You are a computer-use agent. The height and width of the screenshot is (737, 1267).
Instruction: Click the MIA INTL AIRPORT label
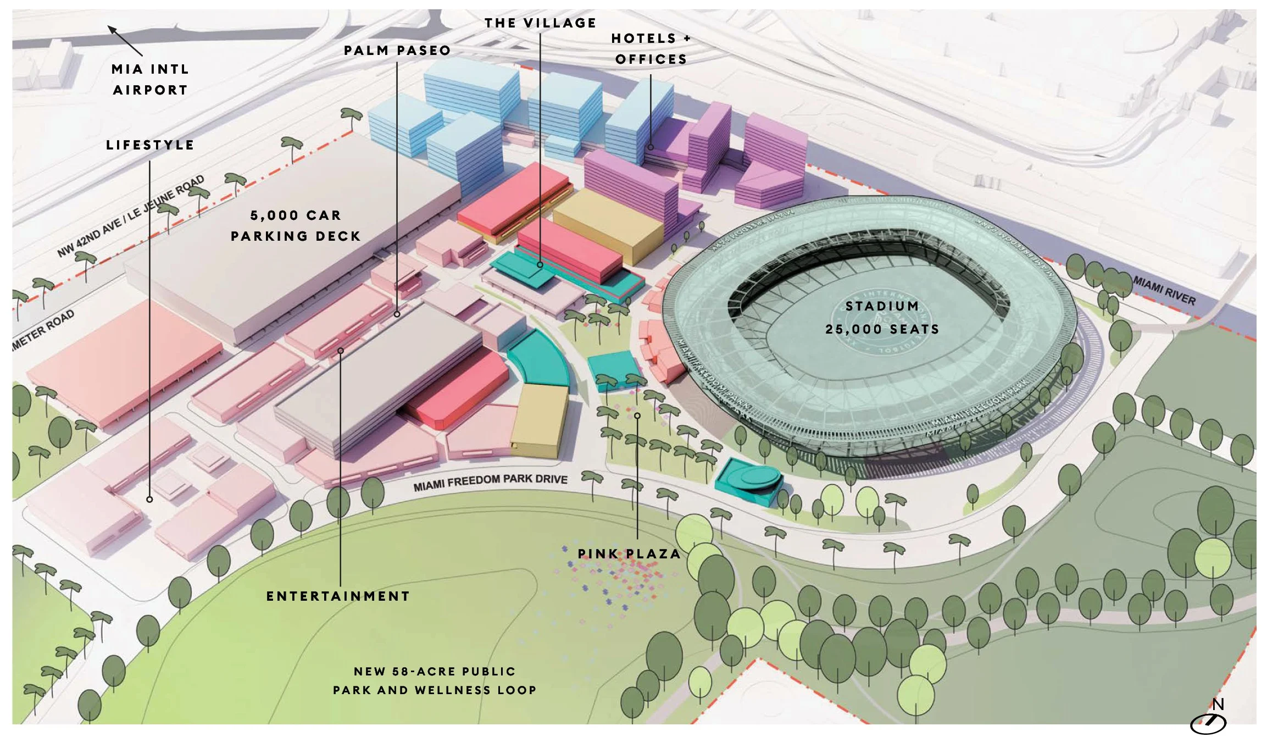pyautogui.click(x=150, y=80)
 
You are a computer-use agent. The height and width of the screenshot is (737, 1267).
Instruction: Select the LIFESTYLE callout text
pyautogui.click(x=150, y=145)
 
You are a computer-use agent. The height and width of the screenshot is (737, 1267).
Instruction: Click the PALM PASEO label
pyautogui.click(x=397, y=51)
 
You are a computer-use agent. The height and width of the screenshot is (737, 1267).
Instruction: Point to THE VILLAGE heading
pyautogui.click(x=540, y=23)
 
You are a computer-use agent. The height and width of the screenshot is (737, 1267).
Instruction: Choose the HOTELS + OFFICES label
pyautogui.click(x=651, y=49)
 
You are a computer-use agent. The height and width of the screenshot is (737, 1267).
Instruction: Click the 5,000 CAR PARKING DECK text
pyautogui.click(x=296, y=226)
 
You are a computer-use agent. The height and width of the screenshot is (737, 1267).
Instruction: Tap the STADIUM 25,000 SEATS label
pyautogui.click(x=882, y=318)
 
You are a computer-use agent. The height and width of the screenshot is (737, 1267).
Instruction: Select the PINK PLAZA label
pyautogui.click(x=629, y=554)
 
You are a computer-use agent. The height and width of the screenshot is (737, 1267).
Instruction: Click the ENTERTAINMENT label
pyautogui.click(x=338, y=596)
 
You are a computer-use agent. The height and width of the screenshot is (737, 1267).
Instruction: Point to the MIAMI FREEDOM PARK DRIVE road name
pyautogui.click(x=490, y=482)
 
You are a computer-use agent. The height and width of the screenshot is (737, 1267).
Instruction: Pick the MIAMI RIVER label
pyautogui.click(x=1164, y=291)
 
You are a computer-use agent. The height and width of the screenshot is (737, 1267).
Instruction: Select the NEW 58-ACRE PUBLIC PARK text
pyautogui.click(x=435, y=681)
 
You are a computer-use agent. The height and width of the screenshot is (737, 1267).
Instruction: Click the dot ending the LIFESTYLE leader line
pyautogui.click(x=149, y=500)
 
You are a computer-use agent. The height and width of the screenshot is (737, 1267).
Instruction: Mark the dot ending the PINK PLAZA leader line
pyautogui.click(x=637, y=416)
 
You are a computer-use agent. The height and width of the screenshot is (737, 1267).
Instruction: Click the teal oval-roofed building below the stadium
pyautogui.click(x=749, y=481)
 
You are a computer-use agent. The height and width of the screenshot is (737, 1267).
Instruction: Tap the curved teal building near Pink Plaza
pyautogui.click(x=538, y=360)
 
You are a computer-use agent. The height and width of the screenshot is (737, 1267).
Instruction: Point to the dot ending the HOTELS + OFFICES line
pyautogui.click(x=651, y=147)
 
